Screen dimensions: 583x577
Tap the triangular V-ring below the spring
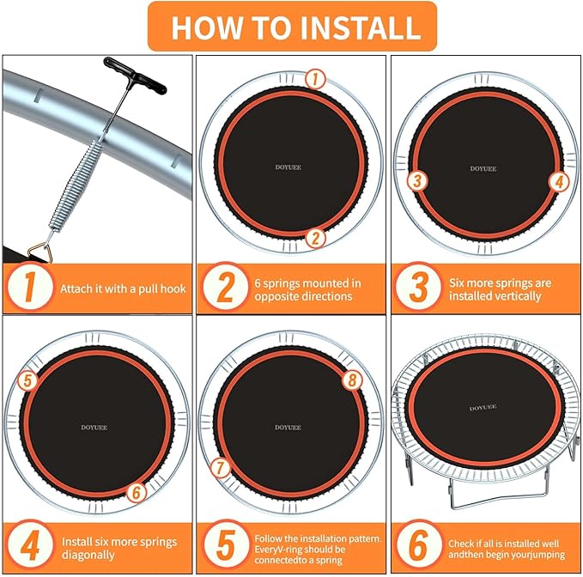[41, 252]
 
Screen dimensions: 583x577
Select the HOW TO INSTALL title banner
[292, 27]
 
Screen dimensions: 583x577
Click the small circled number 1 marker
[315, 79]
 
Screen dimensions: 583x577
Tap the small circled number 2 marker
[316, 238]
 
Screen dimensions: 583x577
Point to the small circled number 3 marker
[417, 181]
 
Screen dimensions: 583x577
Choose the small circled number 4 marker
[559, 181]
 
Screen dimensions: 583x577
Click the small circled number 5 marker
[27, 380]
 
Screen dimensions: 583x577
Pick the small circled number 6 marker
[137, 493]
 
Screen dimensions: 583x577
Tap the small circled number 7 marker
[220, 468]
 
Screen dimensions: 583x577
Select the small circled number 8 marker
[352, 380]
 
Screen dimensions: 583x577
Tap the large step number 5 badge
[225, 545]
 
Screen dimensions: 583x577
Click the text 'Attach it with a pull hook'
[123, 288]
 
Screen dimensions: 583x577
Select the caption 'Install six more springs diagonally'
[119, 548]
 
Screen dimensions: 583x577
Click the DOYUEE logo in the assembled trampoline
[483, 408]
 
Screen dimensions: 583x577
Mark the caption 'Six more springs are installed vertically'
[500, 289]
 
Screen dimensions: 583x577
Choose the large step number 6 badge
[418, 545]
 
